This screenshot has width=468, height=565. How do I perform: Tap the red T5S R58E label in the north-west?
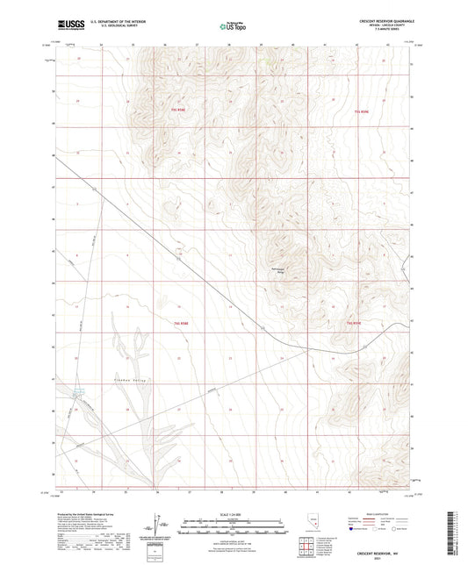pyautogui.click(x=179, y=110)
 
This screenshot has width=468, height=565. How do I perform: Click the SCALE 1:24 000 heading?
pyautogui.click(x=234, y=515)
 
